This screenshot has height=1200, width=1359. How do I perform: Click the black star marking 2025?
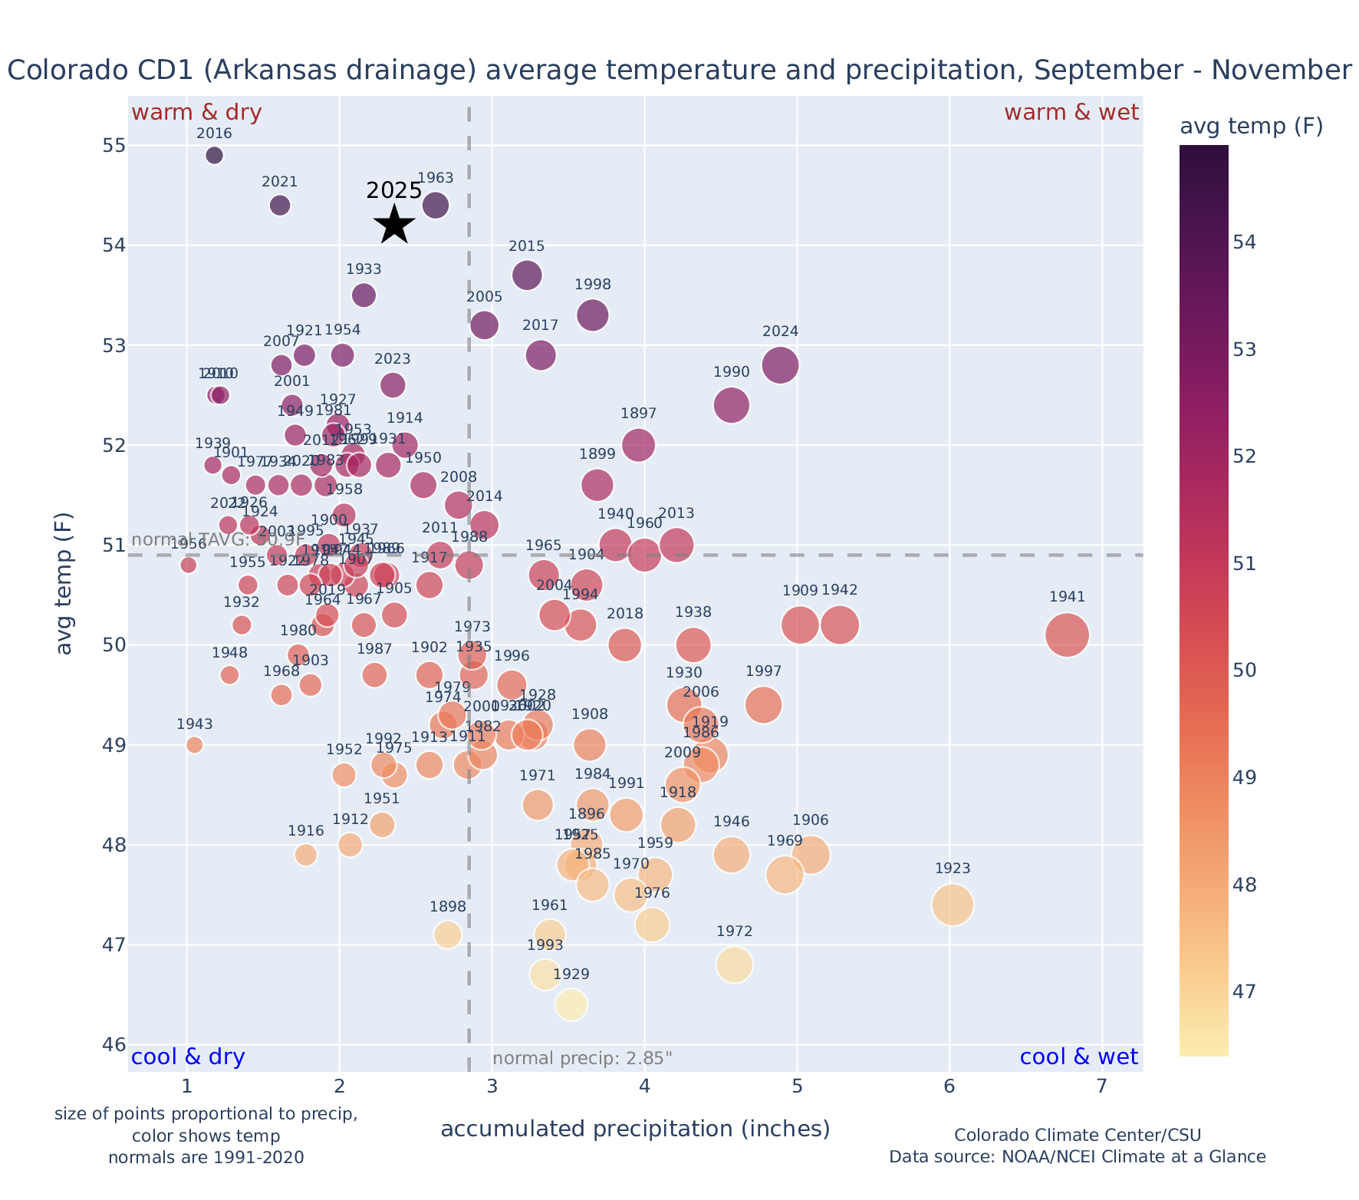394,225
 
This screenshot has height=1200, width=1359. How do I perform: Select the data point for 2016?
215,155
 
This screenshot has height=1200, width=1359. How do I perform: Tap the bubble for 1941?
1067,635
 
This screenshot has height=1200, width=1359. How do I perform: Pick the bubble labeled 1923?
953,905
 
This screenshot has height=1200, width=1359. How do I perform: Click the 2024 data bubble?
781,364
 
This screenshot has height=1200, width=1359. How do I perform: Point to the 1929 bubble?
571,1004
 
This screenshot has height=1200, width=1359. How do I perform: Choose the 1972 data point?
735,964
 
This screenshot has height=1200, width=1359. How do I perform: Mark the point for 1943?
195,744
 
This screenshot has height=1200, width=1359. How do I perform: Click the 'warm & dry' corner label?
196,113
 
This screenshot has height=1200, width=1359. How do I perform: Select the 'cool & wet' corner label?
1078,1057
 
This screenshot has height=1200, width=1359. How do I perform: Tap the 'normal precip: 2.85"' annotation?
582,1059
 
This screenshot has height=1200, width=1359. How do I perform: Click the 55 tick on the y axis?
107,146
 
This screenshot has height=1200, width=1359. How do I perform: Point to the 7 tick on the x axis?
1102,1087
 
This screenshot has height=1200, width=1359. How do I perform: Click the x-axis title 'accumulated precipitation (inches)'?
635,1129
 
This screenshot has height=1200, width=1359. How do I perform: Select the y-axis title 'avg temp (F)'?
65,585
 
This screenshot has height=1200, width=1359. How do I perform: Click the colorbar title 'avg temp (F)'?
1251,127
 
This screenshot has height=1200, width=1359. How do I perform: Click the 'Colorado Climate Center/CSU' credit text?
1077,1135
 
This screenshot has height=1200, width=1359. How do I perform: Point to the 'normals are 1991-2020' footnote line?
206,1157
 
